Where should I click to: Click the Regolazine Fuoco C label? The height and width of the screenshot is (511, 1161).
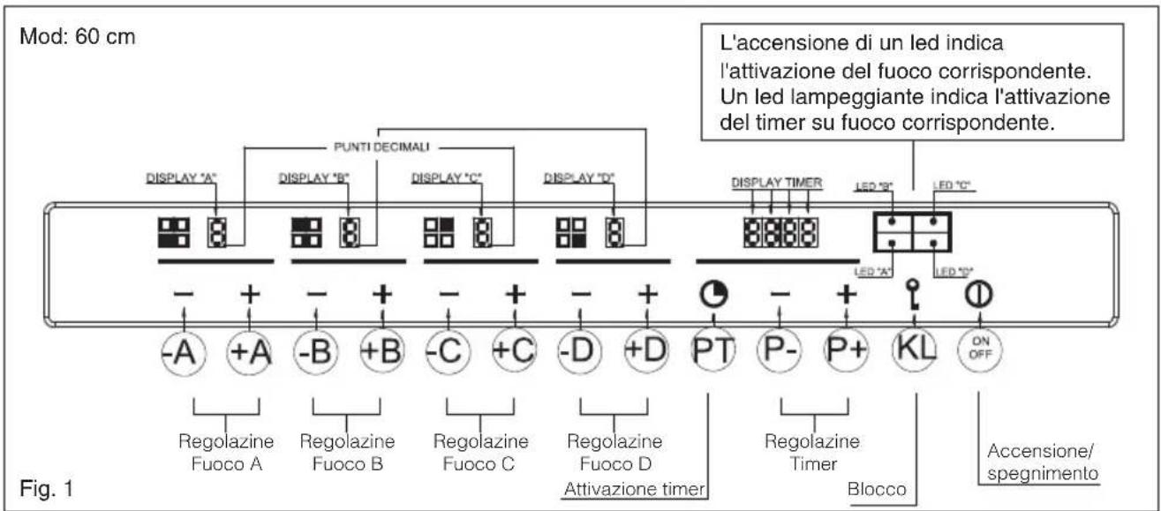(x=481, y=450)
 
